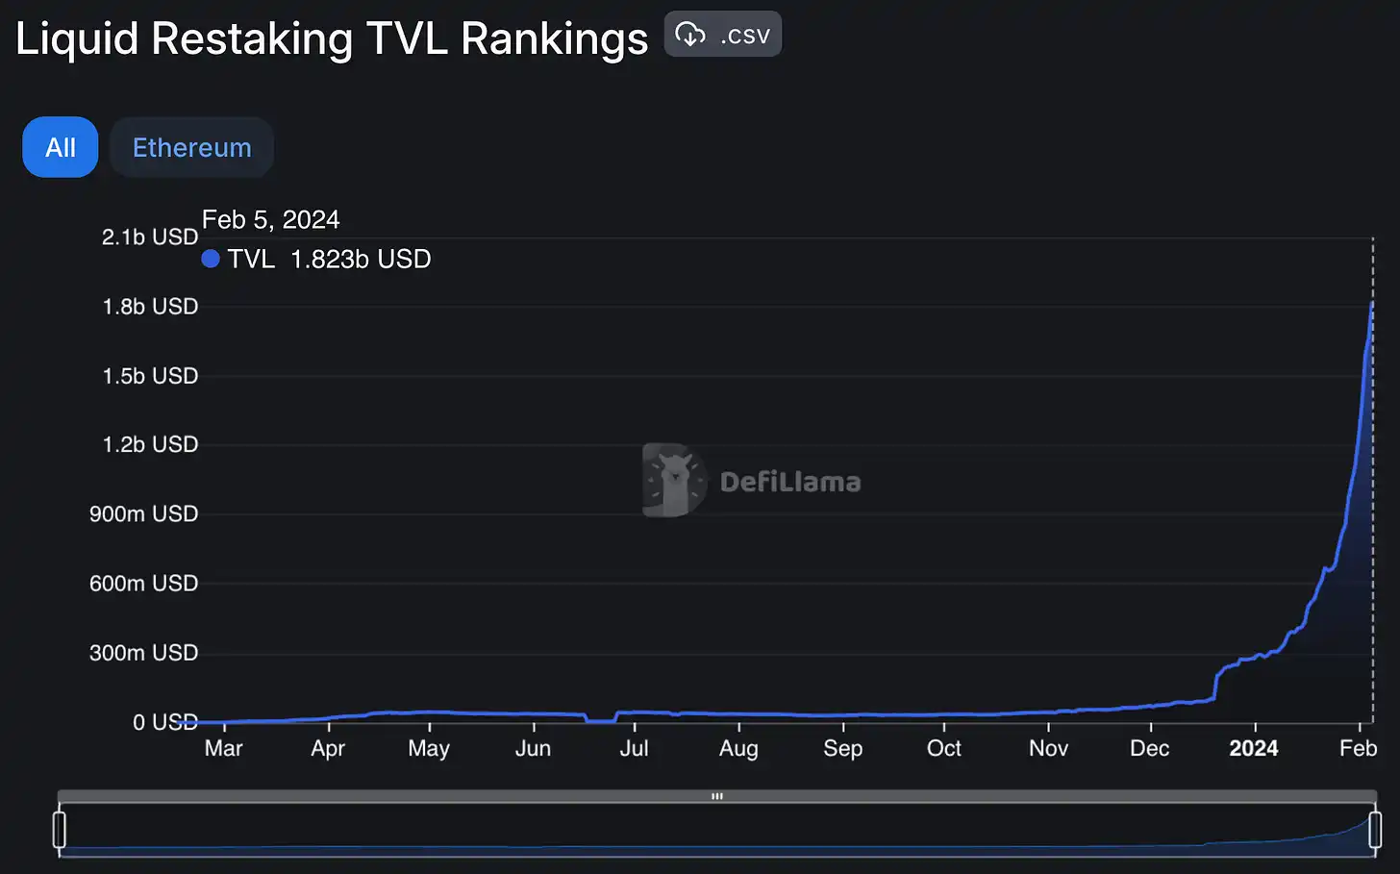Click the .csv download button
point(722,35)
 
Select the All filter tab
point(60,147)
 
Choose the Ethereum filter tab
point(191,147)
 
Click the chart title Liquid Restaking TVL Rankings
point(332,39)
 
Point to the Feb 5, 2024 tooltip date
point(270,219)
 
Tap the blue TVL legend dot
point(211,259)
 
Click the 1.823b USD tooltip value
point(361,259)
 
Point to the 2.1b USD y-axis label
point(149,237)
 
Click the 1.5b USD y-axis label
point(149,376)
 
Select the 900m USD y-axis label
point(143,513)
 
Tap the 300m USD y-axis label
point(143,653)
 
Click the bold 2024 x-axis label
point(1253,748)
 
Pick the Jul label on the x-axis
point(634,748)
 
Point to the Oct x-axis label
point(943,748)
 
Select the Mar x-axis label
point(223,748)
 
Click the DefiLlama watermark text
point(789,482)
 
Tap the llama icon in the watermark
point(673,480)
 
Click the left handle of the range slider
point(60,829)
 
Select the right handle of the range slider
point(1375,829)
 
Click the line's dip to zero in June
point(601,720)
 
